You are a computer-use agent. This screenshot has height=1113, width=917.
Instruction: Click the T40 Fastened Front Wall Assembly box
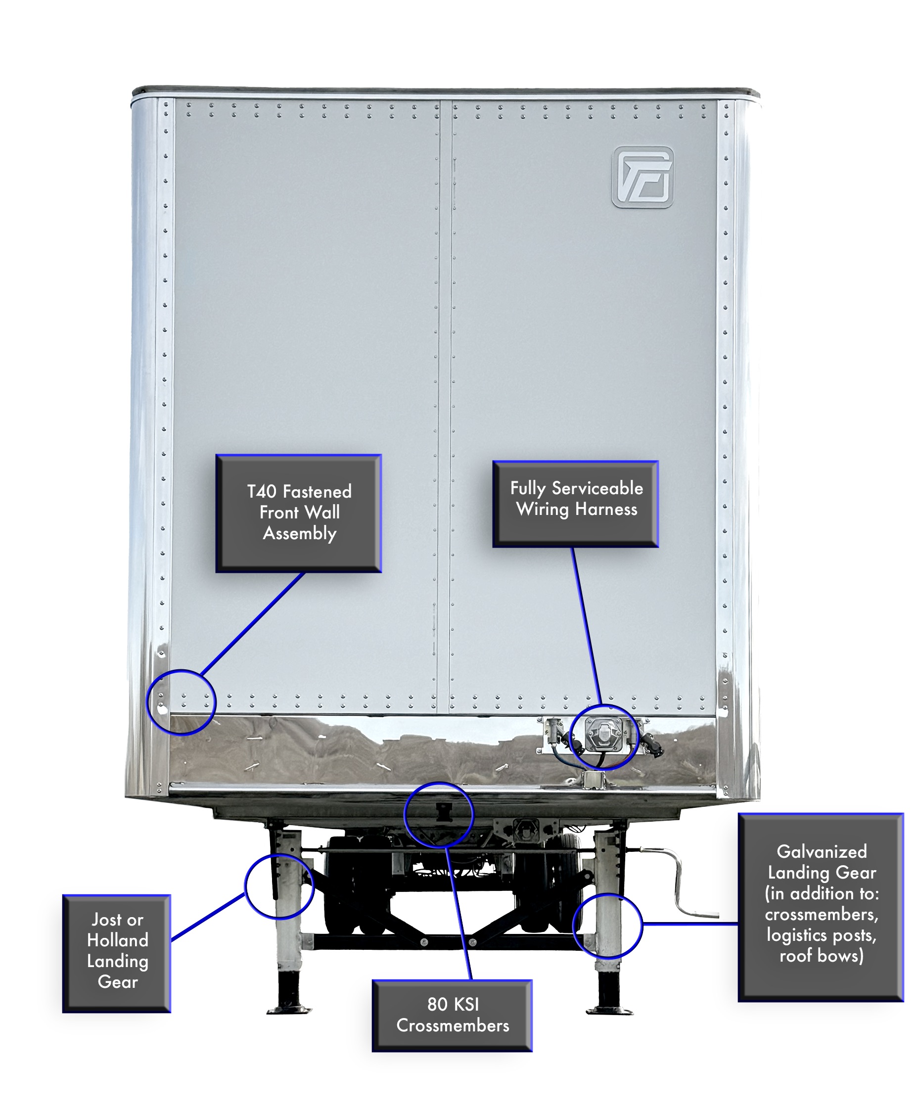click(298, 513)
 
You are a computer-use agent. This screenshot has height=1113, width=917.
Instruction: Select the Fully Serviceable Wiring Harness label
click(575, 504)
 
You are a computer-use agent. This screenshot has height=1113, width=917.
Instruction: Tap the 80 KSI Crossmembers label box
click(452, 1015)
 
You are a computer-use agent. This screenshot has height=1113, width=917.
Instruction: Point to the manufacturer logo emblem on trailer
click(642, 177)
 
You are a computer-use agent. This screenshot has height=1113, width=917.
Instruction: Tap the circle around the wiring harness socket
click(604, 737)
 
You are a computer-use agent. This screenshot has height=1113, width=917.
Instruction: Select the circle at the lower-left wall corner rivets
click(181, 702)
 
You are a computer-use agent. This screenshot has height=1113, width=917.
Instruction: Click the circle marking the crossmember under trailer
click(438, 815)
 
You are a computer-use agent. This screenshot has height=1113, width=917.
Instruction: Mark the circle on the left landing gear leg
click(279, 887)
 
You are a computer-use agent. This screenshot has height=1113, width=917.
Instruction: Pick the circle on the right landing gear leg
click(607, 926)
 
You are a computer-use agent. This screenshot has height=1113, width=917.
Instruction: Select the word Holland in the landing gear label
click(117, 940)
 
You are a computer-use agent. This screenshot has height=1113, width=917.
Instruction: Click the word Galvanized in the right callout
click(822, 851)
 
